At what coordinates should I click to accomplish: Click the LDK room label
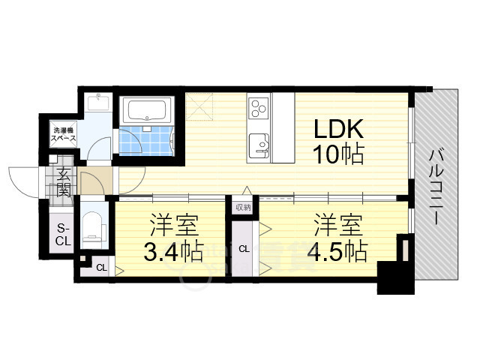pyautogui.click(x=338, y=128)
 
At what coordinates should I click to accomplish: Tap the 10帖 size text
pyautogui.click(x=338, y=153)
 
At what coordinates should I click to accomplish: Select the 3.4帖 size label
pyautogui.click(x=173, y=251)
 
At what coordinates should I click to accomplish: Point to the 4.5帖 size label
pyautogui.click(x=337, y=251)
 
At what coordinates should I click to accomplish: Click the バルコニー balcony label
pyautogui.click(x=436, y=187)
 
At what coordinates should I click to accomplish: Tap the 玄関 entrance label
pyautogui.click(x=64, y=181)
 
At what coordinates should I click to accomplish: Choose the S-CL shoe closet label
pyautogui.click(x=63, y=235)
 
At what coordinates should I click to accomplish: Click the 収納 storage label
pyautogui.click(x=243, y=208)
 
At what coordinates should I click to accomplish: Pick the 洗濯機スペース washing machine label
pyautogui.click(x=63, y=134)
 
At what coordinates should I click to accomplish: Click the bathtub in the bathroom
pyautogui.click(x=148, y=110)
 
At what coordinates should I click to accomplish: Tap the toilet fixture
pyautogui.click(x=92, y=226)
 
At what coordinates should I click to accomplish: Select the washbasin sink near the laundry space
pyautogui.click(x=98, y=102)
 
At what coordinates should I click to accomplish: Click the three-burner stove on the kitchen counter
pyautogui.click(x=259, y=108)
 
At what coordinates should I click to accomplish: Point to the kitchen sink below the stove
pyautogui.click(x=259, y=145)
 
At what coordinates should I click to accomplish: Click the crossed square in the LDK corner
pyautogui.click(x=199, y=106)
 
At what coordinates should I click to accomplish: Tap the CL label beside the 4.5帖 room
pyautogui.click(x=244, y=249)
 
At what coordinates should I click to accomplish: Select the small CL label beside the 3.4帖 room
pyautogui.click(x=101, y=268)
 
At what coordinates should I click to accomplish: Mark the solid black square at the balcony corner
pyautogui.click(x=395, y=277)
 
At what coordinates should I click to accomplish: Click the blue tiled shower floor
pyautogui.click(x=144, y=141)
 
